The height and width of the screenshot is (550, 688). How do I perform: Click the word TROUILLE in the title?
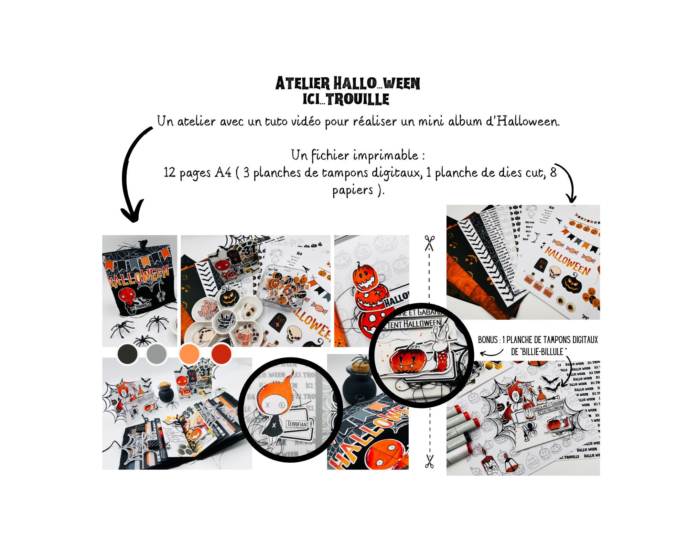pyautogui.click(x=358, y=99)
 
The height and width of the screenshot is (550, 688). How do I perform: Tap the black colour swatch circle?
pyautogui.click(x=127, y=353)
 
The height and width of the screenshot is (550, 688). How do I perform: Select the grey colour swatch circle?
pyautogui.click(x=157, y=354)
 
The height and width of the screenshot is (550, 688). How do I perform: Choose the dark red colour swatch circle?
pyautogui.click(x=221, y=353)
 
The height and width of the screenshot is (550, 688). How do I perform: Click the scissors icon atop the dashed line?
pyautogui.click(x=429, y=243)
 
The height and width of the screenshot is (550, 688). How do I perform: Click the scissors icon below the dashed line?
pyautogui.click(x=429, y=461)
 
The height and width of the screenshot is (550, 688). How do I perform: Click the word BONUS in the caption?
pyautogui.click(x=487, y=340)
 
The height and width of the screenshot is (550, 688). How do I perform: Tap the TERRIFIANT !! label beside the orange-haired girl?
pyautogui.click(x=300, y=424)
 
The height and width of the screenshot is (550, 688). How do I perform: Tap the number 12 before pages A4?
pyautogui.click(x=170, y=172)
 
